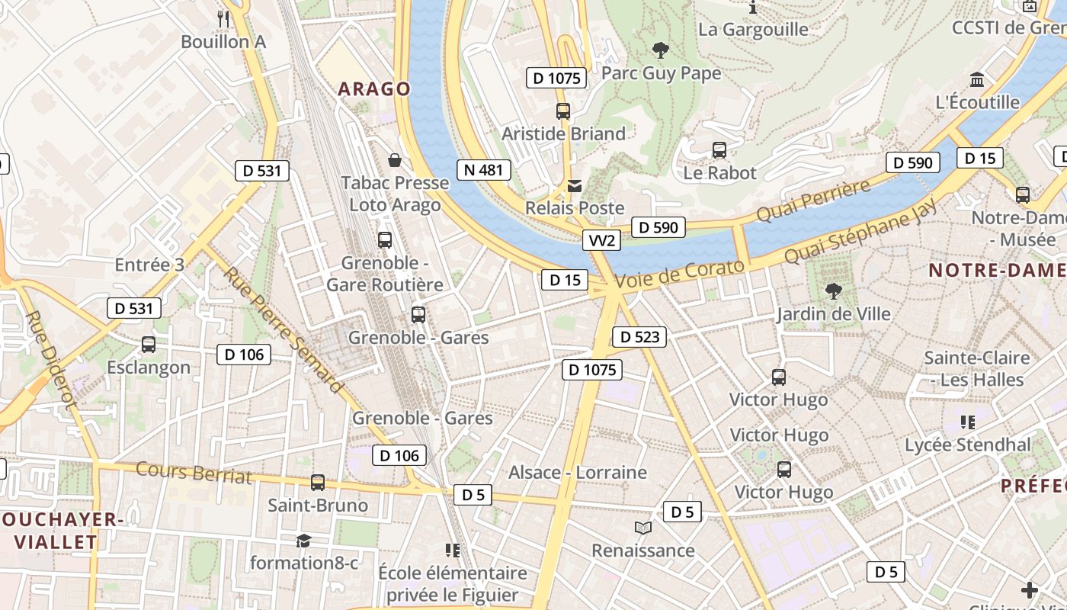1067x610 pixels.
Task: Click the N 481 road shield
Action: (484, 170)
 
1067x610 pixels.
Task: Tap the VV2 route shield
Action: (601, 241)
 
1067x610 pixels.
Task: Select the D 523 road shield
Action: (639, 337)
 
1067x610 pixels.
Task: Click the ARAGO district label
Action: (374, 89)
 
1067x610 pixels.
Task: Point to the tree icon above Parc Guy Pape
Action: (661, 51)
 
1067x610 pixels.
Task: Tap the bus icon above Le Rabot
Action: (719, 150)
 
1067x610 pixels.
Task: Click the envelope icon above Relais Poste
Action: (574, 186)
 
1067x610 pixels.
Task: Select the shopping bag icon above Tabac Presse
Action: (395, 160)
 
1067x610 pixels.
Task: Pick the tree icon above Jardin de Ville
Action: (833, 291)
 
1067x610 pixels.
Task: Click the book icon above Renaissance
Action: (643, 528)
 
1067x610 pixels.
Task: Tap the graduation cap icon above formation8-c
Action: (304, 541)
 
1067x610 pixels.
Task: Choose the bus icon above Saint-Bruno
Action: (318, 483)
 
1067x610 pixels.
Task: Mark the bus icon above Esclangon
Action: (149, 345)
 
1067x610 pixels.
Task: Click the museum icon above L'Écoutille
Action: (977, 79)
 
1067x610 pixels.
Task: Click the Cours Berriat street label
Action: (194, 473)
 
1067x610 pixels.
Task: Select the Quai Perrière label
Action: (813, 201)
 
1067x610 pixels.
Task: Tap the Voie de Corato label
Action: (679, 274)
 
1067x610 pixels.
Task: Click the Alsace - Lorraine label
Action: (577, 473)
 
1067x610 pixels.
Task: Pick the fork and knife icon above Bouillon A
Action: (223, 18)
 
